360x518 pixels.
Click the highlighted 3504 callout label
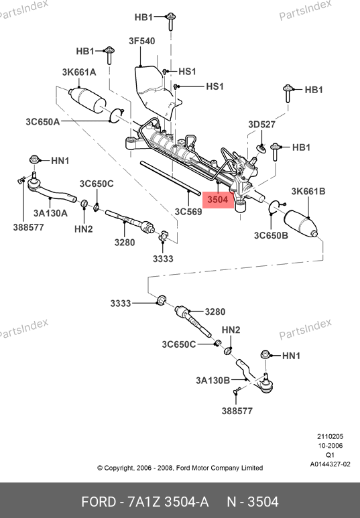point(218,200)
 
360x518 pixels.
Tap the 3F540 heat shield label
point(142,41)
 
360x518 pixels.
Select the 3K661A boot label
point(79,72)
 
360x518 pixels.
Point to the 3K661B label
point(308,191)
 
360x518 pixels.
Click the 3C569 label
point(188,212)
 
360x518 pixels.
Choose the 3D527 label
point(262,124)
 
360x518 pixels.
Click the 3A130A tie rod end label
point(50,213)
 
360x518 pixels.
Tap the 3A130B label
point(213,380)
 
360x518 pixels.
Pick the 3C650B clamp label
point(271,235)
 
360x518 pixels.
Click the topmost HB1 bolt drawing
point(170,21)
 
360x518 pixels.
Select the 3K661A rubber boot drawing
point(86,99)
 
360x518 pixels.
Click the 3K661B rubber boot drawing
point(301,224)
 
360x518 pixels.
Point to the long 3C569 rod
point(170,178)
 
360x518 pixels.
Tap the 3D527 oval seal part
point(261,149)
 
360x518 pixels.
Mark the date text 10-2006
point(331,446)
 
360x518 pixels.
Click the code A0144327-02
point(330,464)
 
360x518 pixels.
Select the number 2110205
point(331,436)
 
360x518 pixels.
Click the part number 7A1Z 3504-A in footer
point(168,502)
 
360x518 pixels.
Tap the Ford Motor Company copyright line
point(180,468)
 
